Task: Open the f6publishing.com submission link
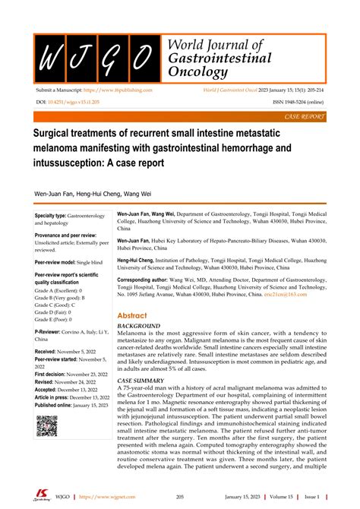[x=122, y=90]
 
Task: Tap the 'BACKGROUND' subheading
[x=137, y=327]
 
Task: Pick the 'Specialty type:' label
[x=50, y=217]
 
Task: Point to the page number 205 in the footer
[x=181, y=495]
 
